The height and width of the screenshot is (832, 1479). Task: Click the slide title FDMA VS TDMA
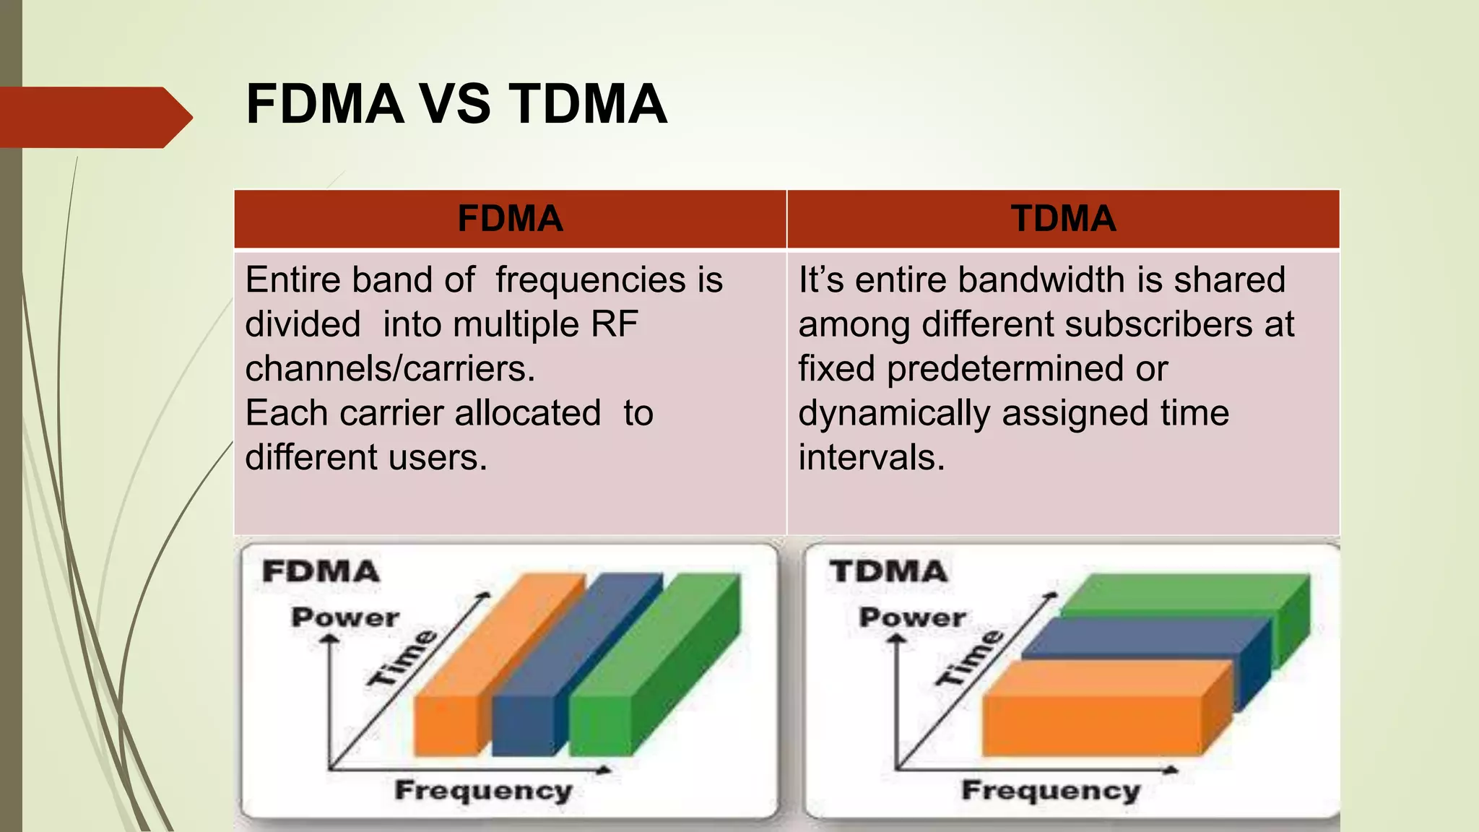pyautogui.click(x=456, y=104)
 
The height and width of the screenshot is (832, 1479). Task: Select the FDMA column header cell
pyautogui.click(x=510, y=219)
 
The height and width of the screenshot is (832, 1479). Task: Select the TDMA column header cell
pyautogui.click(x=1063, y=219)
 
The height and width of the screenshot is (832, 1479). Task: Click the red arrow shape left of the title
pyautogui.click(x=94, y=117)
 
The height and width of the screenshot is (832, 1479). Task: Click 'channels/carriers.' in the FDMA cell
pyautogui.click(x=390, y=369)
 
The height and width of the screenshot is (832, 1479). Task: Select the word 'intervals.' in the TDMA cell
pyautogui.click(x=871, y=458)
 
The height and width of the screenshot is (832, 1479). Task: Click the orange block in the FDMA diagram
pyautogui.click(x=448, y=722)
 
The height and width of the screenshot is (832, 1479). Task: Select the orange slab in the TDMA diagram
pyautogui.click(x=1090, y=722)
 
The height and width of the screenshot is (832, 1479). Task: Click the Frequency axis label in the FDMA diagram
pyautogui.click(x=483, y=791)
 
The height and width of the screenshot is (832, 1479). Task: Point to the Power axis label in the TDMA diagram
pyautogui.click(x=912, y=618)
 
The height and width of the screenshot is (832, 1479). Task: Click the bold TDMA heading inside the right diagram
pyautogui.click(x=888, y=571)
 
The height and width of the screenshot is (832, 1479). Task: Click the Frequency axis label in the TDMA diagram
pyautogui.click(x=1051, y=791)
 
